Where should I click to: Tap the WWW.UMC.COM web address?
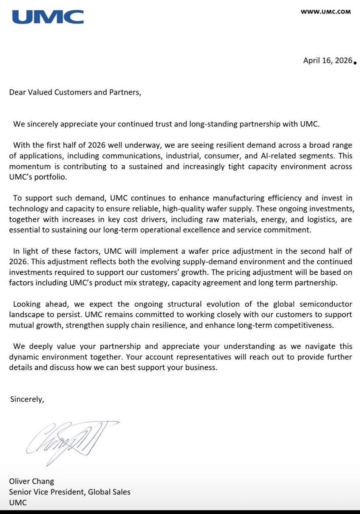(325, 12)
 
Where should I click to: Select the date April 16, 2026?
(327, 61)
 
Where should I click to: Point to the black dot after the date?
(355, 62)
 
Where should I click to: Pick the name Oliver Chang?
(31, 481)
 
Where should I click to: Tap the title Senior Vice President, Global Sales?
(70, 492)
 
